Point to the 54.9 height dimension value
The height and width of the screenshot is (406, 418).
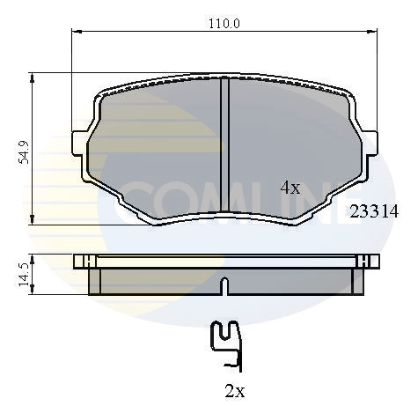click(x=26, y=151)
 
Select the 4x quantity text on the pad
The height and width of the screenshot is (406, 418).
click(x=290, y=188)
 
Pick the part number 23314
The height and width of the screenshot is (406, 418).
click(x=374, y=211)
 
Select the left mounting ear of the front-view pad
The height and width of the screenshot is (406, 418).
click(x=80, y=142)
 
